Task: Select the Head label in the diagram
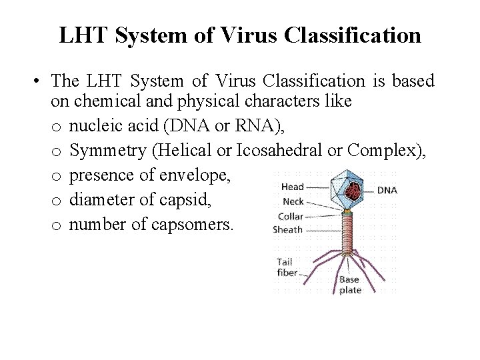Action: pyautogui.click(x=292, y=187)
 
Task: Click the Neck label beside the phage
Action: pyautogui.click(x=293, y=201)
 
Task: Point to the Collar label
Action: pyautogui.click(x=290, y=215)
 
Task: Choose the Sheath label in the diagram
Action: pyautogui.click(x=288, y=229)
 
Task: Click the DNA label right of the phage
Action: pyautogui.click(x=387, y=190)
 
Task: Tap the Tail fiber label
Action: pyautogui.click(x=286, y=267)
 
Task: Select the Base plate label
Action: pyautogui.click(x=350, y=285)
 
